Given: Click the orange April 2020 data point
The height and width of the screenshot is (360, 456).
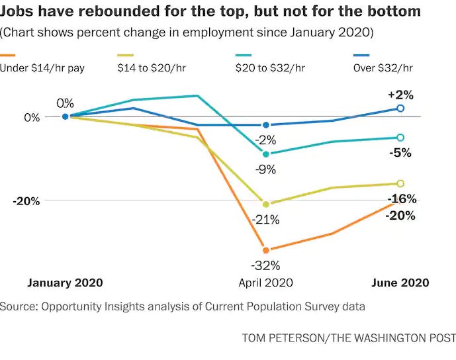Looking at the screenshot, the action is coord(266,249).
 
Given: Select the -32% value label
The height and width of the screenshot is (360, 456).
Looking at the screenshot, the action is coord(265,265).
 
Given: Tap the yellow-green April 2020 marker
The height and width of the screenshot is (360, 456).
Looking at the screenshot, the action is coord(266,204).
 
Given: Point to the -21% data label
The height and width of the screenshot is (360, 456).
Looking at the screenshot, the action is coord(265,220).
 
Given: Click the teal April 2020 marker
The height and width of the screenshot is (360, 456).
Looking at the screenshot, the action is coord(266,154).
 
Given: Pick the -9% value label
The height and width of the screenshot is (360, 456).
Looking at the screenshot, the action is coord(265,169).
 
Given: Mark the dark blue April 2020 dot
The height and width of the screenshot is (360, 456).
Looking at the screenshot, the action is coord(266,125).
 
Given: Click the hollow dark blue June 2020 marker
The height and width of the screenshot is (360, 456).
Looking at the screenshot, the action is coord(400,109).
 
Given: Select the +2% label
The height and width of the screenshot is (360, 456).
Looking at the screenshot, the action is coord(401,95).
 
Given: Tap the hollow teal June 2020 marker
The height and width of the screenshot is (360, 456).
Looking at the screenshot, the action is coord(400,138).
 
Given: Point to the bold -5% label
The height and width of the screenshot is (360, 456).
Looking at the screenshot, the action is coord(400,153).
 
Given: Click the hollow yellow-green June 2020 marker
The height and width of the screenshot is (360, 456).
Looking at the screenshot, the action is coord(400,183).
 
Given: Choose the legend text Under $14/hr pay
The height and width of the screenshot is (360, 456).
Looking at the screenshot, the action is coord(42,68).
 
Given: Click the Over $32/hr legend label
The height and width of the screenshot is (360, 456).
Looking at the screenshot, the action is coord(383,68).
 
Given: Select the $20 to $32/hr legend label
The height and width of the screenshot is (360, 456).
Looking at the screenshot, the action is coord(270,68).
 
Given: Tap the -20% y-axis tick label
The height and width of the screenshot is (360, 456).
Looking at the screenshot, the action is coord(26,201).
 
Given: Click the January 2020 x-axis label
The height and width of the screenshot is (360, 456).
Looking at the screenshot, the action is coord(65,283).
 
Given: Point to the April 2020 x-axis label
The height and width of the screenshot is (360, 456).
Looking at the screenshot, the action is coord(265,283).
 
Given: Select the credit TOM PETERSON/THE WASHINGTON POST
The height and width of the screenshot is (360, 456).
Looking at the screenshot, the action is coord(349,338).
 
